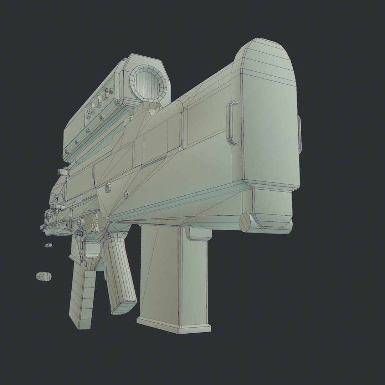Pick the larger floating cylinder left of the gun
[x=44, y=276]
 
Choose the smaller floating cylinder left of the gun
[x=48, y=245]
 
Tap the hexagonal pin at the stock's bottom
[x=245, y=222]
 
